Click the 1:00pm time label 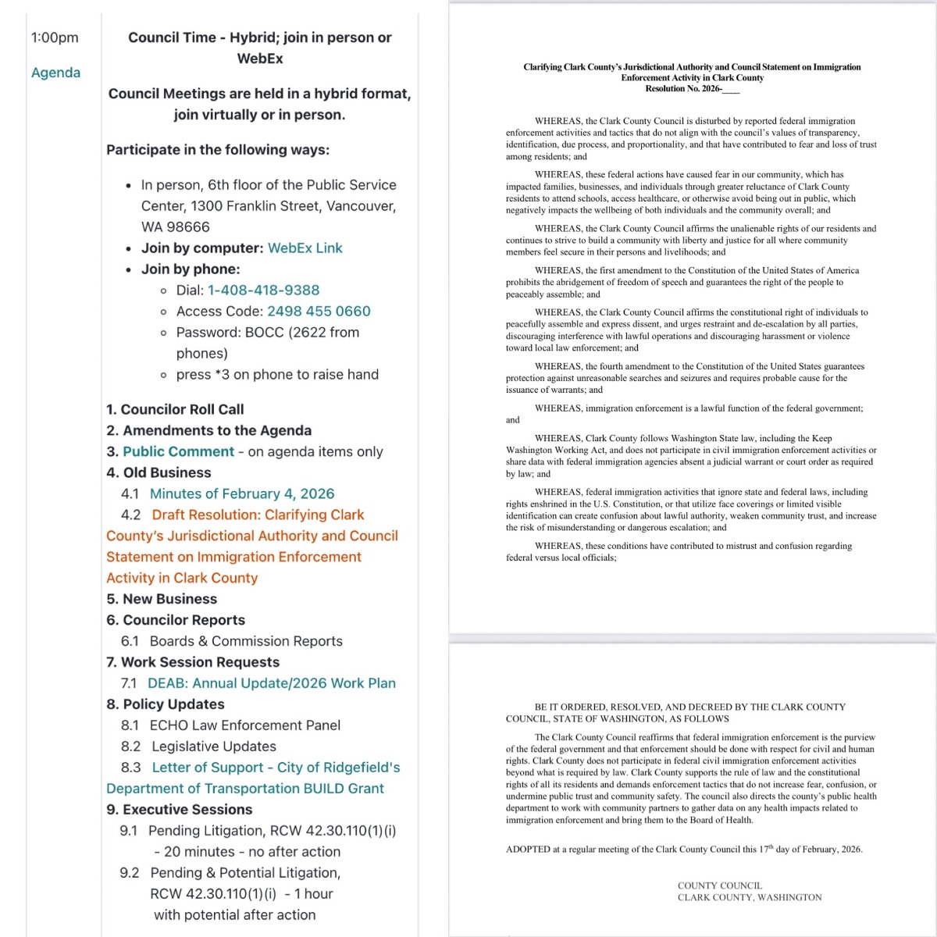pyautogui.click(x=55, y=37)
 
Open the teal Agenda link pyautogui.click(x=55, y=73)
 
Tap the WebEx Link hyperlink pyautogui.click(x=305, y=248)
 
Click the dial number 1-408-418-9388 pyautogui.click(x=263, y=290)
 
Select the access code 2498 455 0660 pyautogui.click(x=319, y=311)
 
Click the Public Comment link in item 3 pyautogui.click(x=178, y=451)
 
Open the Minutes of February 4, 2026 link pyautogui.click(x=241, y=493)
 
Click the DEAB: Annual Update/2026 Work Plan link pyautogui.click(x=271, y=683)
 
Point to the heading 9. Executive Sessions pyautogui.click(x=179, y=810)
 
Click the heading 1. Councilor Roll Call pyautogui.click(x=175, y=409)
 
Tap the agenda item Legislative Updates pyautogui.click(x=213, y=746)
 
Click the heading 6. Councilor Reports pyautogui.click(x=176, y=620)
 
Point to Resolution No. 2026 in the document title pyautogui.click(x=691, y=89)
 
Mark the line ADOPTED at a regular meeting pyautogui.click(x=683, y=850)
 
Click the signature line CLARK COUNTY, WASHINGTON pyautogui.click(x=749, y=898)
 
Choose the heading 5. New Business pyautogui.click(x=162, y=599)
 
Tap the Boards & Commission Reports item pyautogui.click(x=245, y=641)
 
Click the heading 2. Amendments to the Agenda pyautogui.click(x=208, y=430)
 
